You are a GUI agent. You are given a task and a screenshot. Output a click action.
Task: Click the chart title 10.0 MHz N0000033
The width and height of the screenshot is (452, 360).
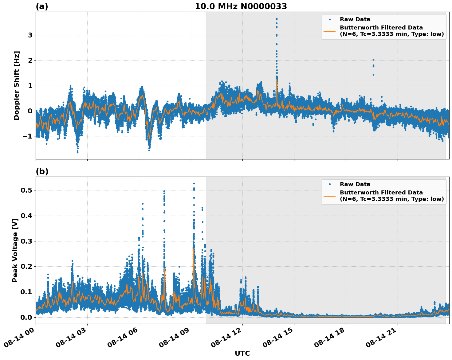[241, 6]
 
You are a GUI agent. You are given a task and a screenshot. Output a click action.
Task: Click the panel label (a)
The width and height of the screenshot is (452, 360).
[42, 6]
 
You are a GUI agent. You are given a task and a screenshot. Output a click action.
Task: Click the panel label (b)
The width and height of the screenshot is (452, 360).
[42, 171]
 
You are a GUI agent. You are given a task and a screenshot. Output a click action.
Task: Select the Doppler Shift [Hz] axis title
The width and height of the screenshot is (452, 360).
[17, 85]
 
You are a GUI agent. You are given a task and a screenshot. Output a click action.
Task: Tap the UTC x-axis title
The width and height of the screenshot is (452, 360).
[242, 353]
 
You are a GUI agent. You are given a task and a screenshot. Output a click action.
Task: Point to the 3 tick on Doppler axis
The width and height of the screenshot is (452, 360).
[30, 35]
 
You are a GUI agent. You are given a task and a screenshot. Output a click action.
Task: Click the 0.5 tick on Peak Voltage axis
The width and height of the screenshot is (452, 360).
[27, 190]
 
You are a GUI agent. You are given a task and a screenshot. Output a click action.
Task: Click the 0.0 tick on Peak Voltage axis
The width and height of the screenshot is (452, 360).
[27, 317]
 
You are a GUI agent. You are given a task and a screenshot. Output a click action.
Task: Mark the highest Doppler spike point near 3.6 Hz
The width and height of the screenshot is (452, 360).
[277, 19]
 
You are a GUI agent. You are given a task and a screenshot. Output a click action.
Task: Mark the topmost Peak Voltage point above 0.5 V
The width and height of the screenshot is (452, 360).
[194, 184]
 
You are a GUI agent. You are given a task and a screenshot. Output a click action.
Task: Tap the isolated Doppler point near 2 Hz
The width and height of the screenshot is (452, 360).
[373, 60]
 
